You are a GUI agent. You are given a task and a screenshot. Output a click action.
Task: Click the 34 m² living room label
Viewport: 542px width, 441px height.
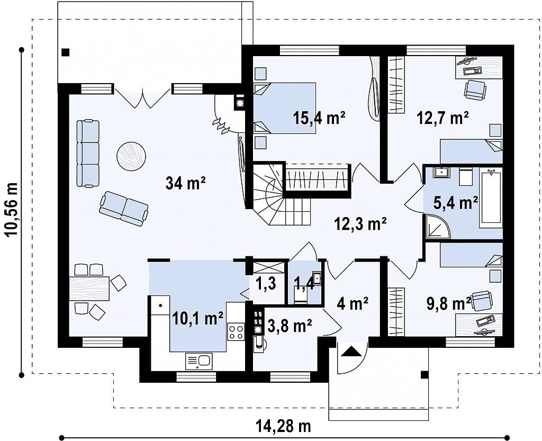coord(186,183)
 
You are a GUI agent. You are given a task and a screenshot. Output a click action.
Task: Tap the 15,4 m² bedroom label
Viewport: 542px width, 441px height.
coord(319,118)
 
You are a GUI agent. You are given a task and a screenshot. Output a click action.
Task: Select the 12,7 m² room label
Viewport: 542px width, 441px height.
coord(443,118)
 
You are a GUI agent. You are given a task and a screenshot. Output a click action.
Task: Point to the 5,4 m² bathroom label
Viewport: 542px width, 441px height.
coord(456,203)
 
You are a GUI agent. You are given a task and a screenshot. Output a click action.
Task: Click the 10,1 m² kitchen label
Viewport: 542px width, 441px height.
coord(197,318)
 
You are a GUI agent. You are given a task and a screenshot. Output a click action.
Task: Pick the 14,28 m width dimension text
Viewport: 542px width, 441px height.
coord(284,426)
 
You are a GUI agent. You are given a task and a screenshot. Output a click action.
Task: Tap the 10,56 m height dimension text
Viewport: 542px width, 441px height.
coord(12,210)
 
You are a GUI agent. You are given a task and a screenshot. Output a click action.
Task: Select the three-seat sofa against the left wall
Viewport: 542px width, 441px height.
coord(88,154)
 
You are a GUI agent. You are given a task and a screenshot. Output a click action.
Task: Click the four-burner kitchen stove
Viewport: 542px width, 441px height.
coord(236,331)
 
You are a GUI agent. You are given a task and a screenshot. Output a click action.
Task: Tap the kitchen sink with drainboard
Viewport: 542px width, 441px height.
coord(199,361)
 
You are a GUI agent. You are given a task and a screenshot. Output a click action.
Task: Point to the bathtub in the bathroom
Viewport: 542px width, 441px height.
coord(491,197)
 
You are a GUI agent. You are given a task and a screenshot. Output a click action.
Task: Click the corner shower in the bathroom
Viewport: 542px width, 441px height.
coord(438,227)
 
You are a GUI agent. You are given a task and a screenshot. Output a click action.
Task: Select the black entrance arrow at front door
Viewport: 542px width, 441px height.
coord(352,351)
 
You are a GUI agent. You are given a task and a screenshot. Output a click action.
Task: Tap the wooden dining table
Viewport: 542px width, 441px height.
coord(89,288)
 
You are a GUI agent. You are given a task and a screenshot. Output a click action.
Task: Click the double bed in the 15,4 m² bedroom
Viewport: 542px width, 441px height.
coord(284,108)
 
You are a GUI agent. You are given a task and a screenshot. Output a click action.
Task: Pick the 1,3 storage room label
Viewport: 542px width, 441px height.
coord(266,283)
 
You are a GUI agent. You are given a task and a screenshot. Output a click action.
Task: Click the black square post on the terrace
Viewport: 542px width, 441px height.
coord(65,52)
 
